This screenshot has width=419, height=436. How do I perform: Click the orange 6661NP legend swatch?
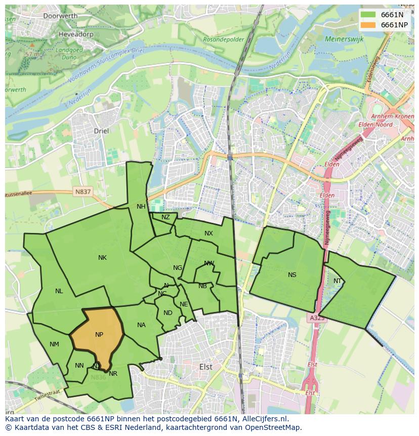(x=368, y=25)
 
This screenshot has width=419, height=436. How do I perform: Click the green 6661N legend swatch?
(x=368, y=15)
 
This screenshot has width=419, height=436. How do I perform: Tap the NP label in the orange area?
(x=99, y=335)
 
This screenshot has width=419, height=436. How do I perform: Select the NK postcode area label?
(x=102, y=258)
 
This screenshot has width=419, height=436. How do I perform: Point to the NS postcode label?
(x=292, y=275)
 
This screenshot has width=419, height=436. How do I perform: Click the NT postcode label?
(x=338, y=281)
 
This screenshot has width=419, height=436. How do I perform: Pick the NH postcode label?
(x=141, y=206)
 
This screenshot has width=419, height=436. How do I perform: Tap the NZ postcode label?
(x=165, y=217)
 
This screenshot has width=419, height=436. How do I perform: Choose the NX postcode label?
(x=208, y=233)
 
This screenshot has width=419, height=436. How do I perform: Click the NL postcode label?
(x=59, y=291)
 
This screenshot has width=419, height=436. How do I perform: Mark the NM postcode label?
(x=54, y=344)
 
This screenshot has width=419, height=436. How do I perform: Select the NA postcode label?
(x=141, y=325)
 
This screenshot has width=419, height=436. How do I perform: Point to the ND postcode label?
(x=168, y=313)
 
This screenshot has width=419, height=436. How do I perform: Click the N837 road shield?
(x=82, y=191)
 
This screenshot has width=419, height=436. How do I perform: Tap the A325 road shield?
(x=316, y=318)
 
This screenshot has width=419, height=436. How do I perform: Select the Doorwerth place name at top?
(x=60, y=16)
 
